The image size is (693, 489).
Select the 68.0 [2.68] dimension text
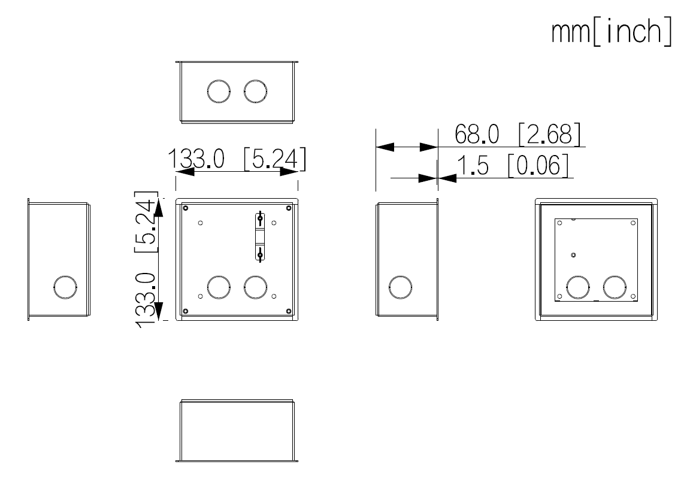click(518, 135)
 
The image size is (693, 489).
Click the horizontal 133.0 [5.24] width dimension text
click(237, 160)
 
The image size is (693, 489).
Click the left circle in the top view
click(218, 91)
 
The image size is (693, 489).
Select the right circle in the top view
click(255, 91)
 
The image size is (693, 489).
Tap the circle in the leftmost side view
click(65, 287)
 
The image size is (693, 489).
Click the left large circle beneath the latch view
click(218, 287)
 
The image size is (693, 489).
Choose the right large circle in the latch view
click(255, 287)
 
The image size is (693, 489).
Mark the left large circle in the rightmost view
click(578, 287)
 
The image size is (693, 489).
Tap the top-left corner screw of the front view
click(186, 208)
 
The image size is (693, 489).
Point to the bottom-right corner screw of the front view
click(289, 311)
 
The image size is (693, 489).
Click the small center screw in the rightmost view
click(574, 255)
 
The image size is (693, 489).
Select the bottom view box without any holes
click(237, 431)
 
